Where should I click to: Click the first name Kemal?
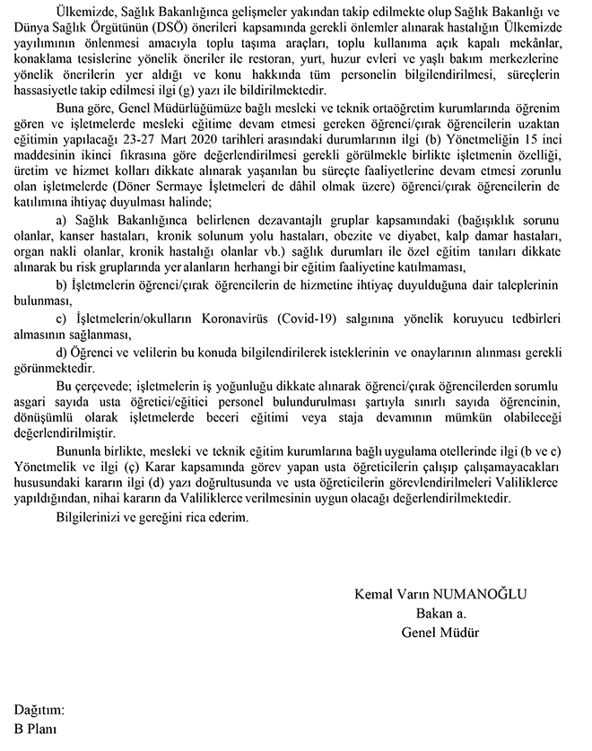pyautogui.click(x=374, y=595)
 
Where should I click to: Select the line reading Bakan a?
pyautogui.click(x=442, y=614)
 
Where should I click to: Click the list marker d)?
pyautogui.click(x=62, y=351)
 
